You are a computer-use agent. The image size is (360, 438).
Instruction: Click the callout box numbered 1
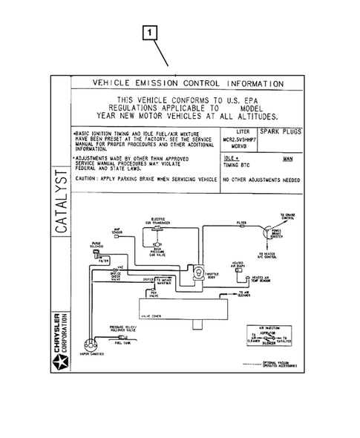[x=151, y=32]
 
